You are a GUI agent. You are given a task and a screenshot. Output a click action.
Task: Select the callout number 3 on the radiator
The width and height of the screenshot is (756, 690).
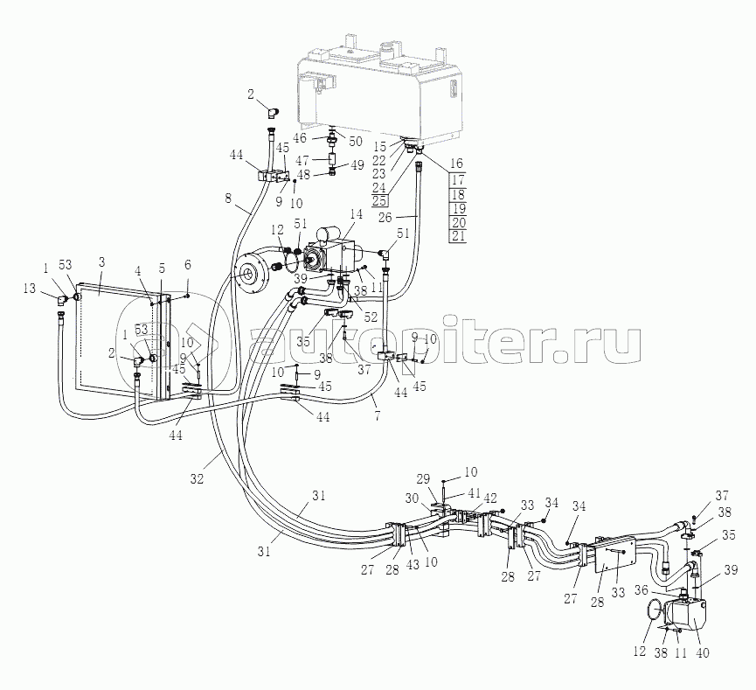click(x=101, y=263)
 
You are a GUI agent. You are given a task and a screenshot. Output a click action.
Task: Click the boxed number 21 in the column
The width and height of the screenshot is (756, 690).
click(x=458, y=237)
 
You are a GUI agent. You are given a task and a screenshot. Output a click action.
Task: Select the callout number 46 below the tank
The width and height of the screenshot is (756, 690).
click(x=299, y=138)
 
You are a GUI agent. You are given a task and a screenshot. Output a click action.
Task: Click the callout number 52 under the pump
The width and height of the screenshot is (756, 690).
click(x=371, y=317)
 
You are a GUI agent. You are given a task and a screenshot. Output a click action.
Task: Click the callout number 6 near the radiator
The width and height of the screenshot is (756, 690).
click(x=187, y=264)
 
